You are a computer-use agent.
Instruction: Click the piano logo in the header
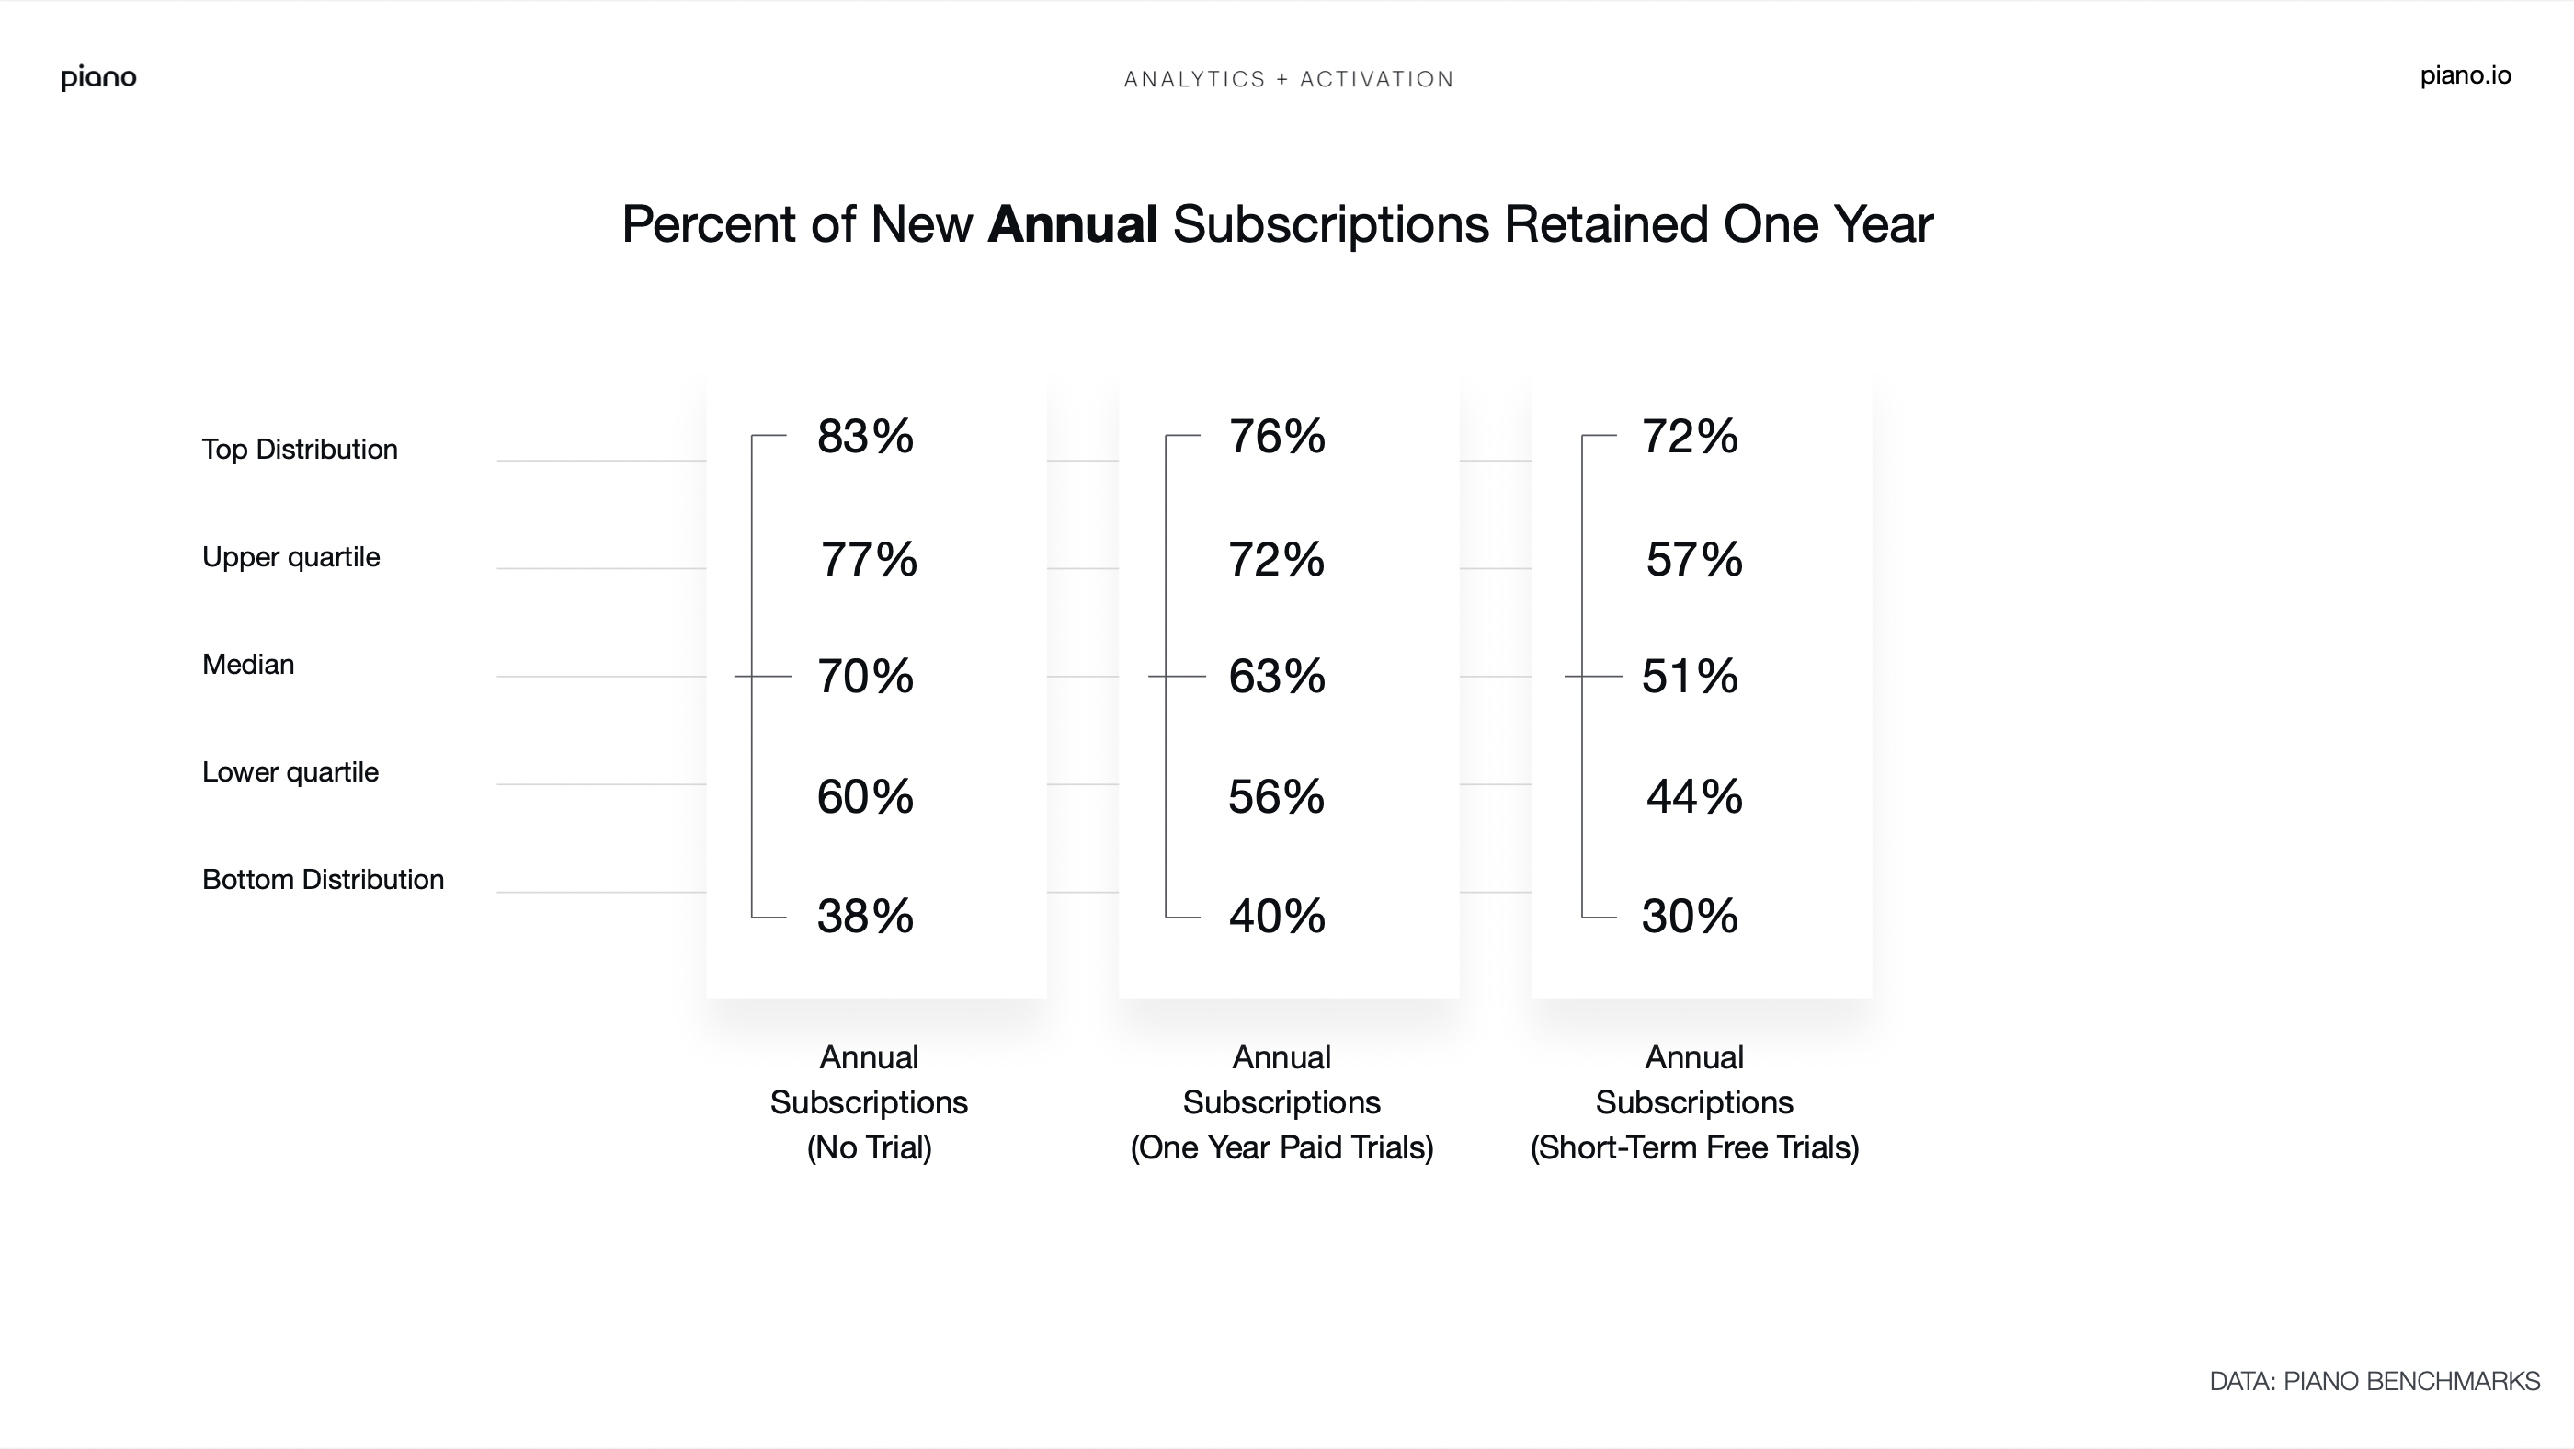[x=98, y=78]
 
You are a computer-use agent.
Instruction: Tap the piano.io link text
[x=2466, y=76]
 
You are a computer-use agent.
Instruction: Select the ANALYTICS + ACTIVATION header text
[x=1288, y=80]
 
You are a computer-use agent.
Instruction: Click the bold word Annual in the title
[x=1072, y=223]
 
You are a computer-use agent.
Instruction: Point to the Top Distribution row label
[x=300, y=450]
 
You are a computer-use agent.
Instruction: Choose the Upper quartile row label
[x=290, y=557]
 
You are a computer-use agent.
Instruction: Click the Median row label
[x=248, y=665]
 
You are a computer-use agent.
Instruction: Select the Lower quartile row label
[x=290, y=772]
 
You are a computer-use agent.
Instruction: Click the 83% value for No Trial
[x=864, y=437]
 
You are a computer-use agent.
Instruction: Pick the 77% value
[x=869, y=560]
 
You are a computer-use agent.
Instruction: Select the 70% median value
[x=864, y=677]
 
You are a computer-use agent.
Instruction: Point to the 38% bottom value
[x=864, y=917]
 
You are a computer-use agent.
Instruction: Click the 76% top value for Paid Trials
[x=1277, y=437]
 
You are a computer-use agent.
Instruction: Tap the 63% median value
[x=1277, y=677]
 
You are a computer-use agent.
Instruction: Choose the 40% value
[x=1277, y=917]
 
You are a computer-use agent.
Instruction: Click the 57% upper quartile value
[x=1693, y=560]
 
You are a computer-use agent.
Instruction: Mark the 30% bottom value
[x=1690, y=917]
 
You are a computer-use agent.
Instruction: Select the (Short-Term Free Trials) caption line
[x=1694, y=1148]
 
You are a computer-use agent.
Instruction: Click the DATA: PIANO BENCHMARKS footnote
[x=2375, y=1382]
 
